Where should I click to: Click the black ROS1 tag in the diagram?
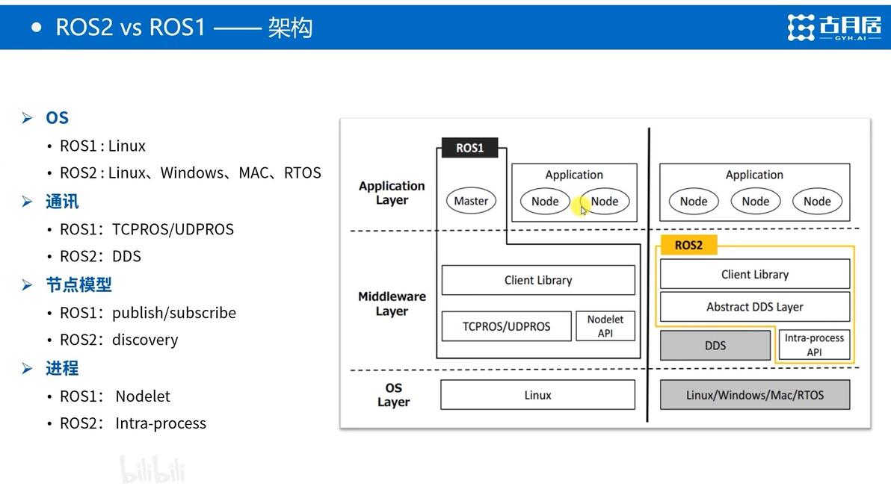[x=470, y=148]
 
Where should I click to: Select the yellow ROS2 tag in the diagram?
[x=688, y=245]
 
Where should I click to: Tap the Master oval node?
[x=471, y=201]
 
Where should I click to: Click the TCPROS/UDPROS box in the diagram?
[x=506, y=326]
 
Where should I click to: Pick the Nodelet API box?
[x=605, y=326]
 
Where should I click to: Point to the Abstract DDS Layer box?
[x=755, y=307]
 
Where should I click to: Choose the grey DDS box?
[x=715, y=346]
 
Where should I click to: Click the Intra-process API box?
[x=814, y=345]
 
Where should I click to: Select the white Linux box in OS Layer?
[x=537, y=395]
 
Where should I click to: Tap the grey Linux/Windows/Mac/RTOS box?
[x=755, y=395]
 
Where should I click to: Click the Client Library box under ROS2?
[x=755, y=274]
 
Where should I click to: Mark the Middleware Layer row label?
[x=392, y=304]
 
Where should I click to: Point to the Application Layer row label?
[x=392, y=193]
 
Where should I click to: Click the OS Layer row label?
[x=393, y=395]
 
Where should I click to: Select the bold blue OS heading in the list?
[x=57, y=118]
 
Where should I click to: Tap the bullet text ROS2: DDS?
[x=100, y=256]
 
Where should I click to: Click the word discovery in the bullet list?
[x=145, y=340]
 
